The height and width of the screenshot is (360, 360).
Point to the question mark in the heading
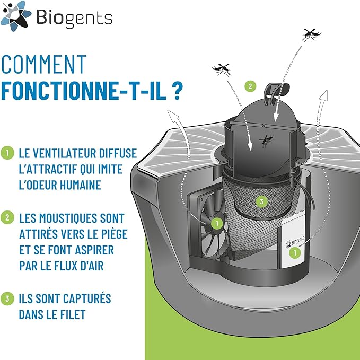click(179, 90)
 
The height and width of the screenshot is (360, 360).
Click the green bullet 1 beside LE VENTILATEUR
click(7, 153)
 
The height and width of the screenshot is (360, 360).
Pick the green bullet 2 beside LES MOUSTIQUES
click(7, 217)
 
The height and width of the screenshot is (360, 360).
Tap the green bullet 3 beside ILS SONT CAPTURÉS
click(7, 298)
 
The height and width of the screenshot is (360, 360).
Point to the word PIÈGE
click(112, 234)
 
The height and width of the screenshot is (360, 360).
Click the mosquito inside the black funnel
click(265, 140)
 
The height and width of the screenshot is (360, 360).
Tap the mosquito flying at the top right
click(311, 34)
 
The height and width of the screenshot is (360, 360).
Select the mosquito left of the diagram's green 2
click(222, 69)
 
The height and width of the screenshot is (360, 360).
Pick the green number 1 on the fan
click(216, 224)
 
